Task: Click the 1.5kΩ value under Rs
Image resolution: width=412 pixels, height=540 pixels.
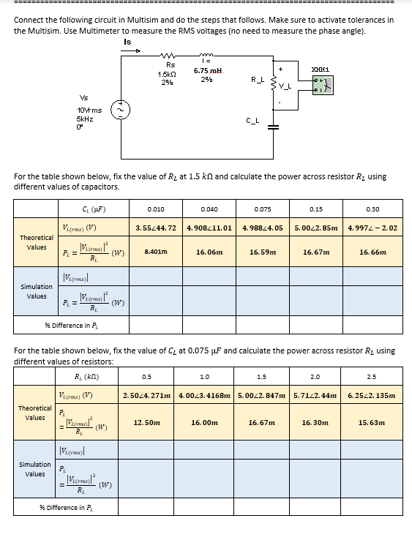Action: [166, 74]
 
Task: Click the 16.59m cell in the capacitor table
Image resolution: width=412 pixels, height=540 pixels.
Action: [262, 251]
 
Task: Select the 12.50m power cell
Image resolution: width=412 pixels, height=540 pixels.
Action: [147, 422]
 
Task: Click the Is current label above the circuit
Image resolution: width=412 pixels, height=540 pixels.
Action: [127, 42]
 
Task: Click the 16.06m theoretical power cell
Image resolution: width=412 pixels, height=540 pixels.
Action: [209, 251]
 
